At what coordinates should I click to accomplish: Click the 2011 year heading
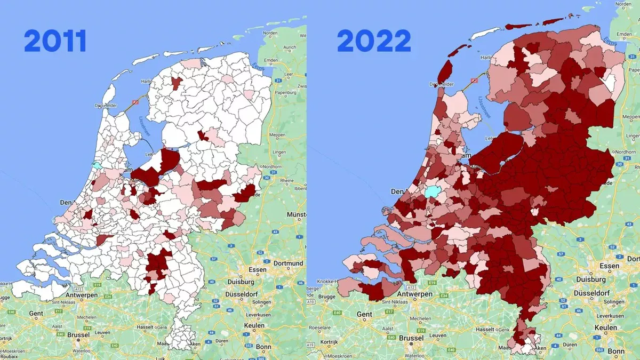[55, 42]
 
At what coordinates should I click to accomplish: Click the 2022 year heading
[373, 42]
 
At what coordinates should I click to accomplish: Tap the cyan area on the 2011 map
[96, 166]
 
